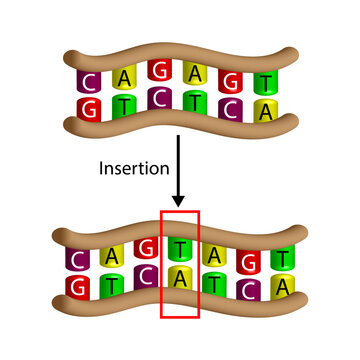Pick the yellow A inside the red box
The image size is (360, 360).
pos(181,282)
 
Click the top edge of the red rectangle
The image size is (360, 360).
pos(181,211)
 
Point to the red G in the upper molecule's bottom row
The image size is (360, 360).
pos(90,107)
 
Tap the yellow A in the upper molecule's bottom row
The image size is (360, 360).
pos(265,109)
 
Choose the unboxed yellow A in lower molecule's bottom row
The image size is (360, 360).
pos(283,287)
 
